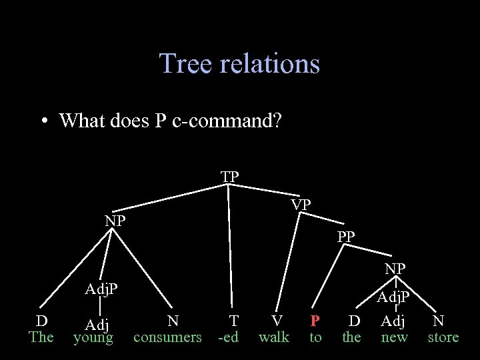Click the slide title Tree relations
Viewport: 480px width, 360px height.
pos(239,63)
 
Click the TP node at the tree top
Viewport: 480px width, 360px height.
pos(230,177)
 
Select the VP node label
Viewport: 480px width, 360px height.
pos(301,205)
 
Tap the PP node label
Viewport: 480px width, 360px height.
pos(346,236)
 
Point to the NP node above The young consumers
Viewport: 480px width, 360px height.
pos(115,221)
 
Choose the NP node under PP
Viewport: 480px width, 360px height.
pos(395,269)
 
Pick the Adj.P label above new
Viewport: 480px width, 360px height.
pos(394,297)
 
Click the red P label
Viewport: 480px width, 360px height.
pos(315,321)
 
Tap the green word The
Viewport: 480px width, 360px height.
pos(41,337)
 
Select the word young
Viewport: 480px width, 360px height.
pos(93,338)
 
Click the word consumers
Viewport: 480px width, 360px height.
pos(167,337)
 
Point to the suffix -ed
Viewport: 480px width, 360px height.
pos(228,337)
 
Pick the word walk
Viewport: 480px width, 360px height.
pos(274,337)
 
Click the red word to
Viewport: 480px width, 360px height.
pos(315,337)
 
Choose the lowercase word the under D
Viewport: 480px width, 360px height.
pos(351,337)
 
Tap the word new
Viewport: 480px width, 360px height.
pos(394,337)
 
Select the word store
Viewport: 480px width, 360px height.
pos(443,337)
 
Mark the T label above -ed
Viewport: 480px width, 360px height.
pos(233,321)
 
